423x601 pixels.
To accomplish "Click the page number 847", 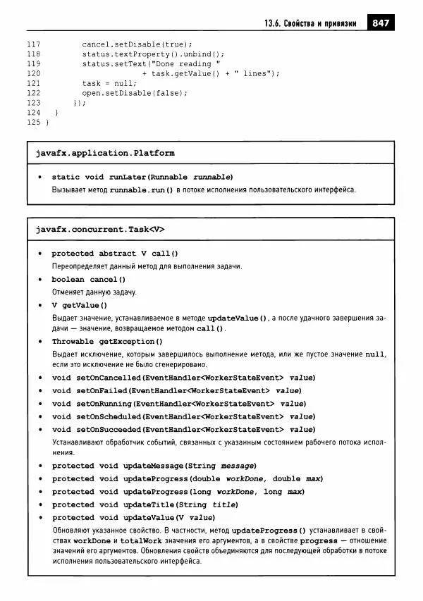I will (381, 24).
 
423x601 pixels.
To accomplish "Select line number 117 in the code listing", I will (33, 44).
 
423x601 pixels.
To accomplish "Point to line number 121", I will (33, 83).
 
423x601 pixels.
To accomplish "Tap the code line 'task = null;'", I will (104, 83).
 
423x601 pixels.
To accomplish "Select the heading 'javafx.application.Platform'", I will (105, 153).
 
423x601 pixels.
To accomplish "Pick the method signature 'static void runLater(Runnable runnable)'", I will (142, 177).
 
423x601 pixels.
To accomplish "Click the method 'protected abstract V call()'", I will (115, 254).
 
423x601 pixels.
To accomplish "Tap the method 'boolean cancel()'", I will (88, 280).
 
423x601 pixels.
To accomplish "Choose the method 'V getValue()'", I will (79, 305).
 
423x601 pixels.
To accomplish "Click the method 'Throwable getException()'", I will (104, 341).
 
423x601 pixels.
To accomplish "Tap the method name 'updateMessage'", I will (154, 466).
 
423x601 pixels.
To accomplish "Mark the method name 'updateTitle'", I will (149, 504).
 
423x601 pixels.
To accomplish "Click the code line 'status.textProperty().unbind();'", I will (153, 54).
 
